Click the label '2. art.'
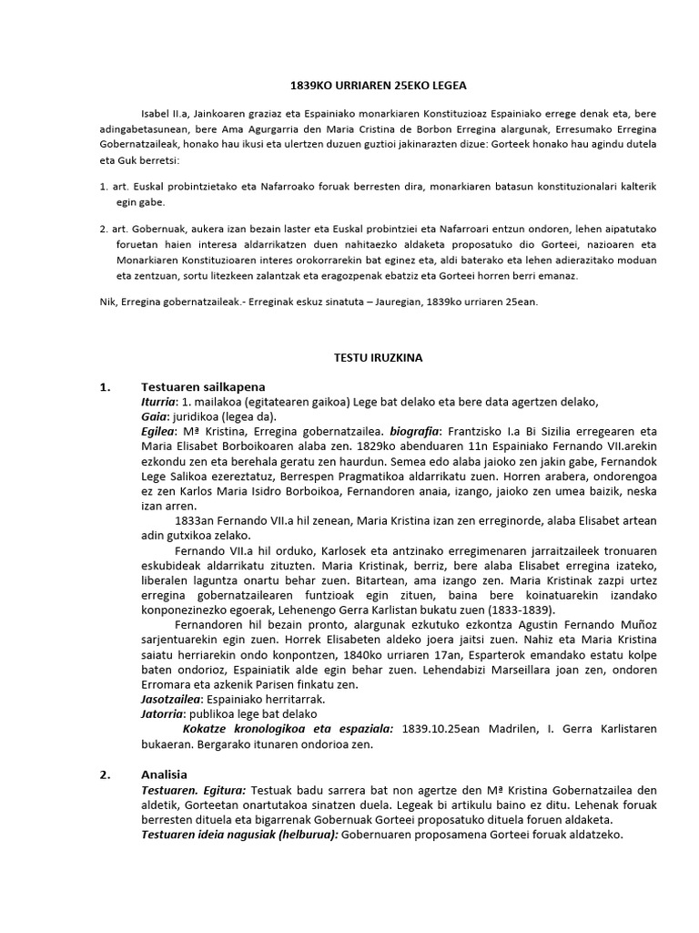[115, 233]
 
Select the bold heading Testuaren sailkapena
[202, 386]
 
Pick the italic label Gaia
[155, 417]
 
